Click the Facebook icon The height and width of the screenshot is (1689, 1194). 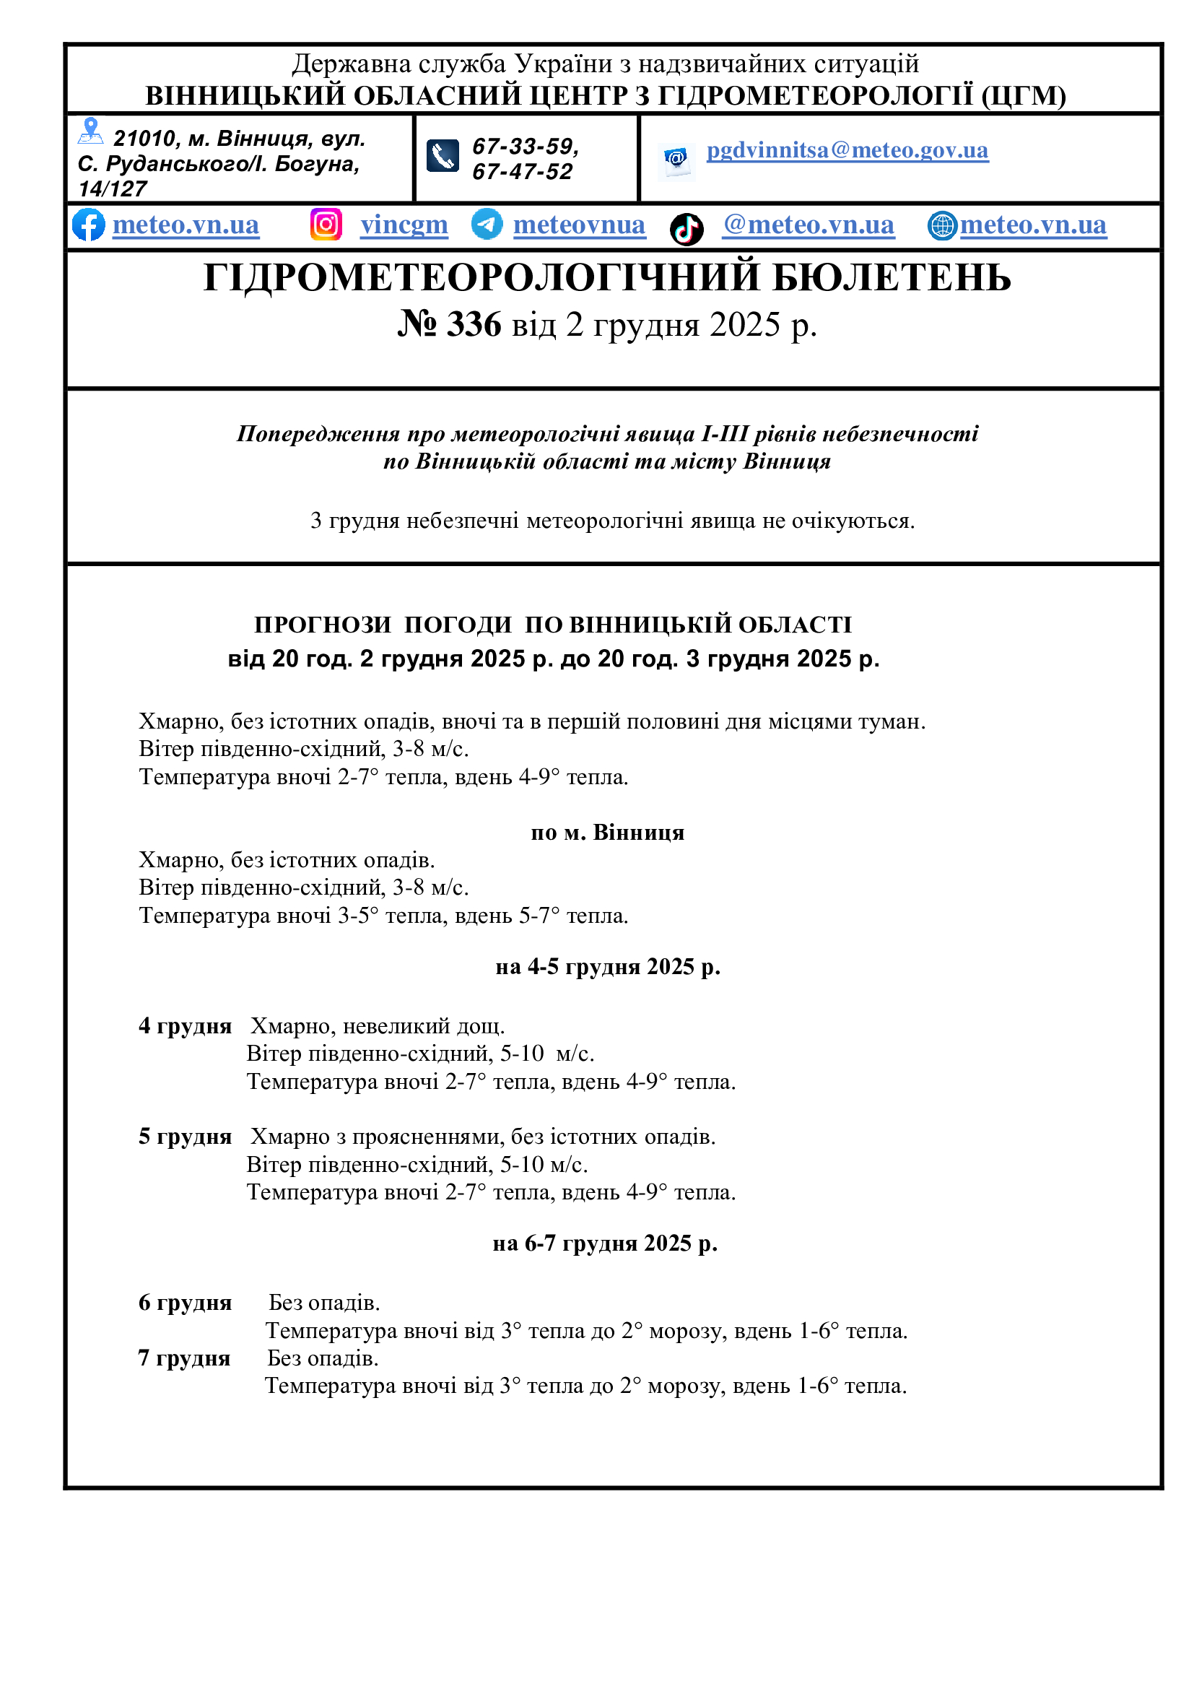[x=88, y=225]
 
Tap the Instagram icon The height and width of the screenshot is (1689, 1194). [x=326, y=225]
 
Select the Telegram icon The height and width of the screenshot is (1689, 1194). [x=487, y=224]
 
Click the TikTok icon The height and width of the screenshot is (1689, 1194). [x=687, y=229]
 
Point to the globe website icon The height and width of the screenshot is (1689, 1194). [x=942, y=226]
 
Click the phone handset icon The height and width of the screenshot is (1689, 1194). [x=443, y=156]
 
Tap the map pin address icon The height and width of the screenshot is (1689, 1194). [x=90, y=131]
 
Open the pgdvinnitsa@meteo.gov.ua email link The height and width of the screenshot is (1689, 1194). [x=847, y=150]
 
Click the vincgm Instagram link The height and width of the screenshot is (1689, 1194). [x=404, y=225]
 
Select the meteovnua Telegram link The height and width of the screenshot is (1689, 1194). [x=579, y=225]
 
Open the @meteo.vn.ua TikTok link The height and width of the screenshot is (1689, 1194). [x=808, y=225]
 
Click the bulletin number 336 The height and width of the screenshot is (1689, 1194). [x=474, y=324]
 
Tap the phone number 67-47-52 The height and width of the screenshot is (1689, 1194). [x=522, y=172]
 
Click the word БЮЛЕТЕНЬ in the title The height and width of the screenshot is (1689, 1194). [x=892, y=278]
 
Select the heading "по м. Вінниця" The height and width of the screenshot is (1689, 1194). [x=607, y=833]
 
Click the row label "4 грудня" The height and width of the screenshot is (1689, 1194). [x=186, y=1026]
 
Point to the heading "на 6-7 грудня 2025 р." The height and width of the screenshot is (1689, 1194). [x=605, y=1243]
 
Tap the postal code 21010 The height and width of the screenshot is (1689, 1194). [x=145, y=139]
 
